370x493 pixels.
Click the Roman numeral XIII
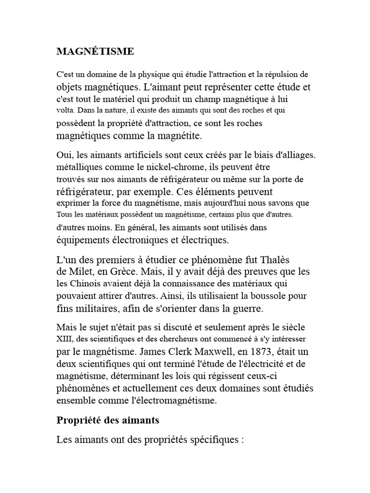click(64, 339)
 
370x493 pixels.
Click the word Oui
click(65, 155)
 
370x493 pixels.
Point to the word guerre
click(250, 307)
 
